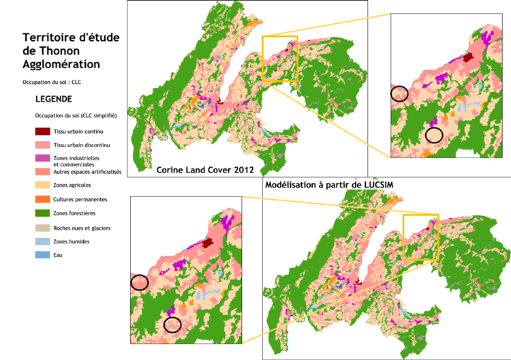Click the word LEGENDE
pos(53,99)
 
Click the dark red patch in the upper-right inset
pos(467,57)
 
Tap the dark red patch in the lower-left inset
pos(208,243)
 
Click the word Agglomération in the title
pos(61,65)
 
